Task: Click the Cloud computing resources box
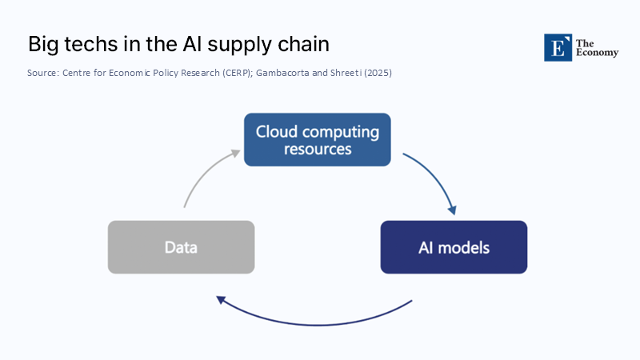pos(318,140)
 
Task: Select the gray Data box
pos(181,247)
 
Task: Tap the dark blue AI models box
pos(454,247)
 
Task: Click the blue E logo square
pos(558,48)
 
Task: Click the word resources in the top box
pos(318,149)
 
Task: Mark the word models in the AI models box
pos(463,247)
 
